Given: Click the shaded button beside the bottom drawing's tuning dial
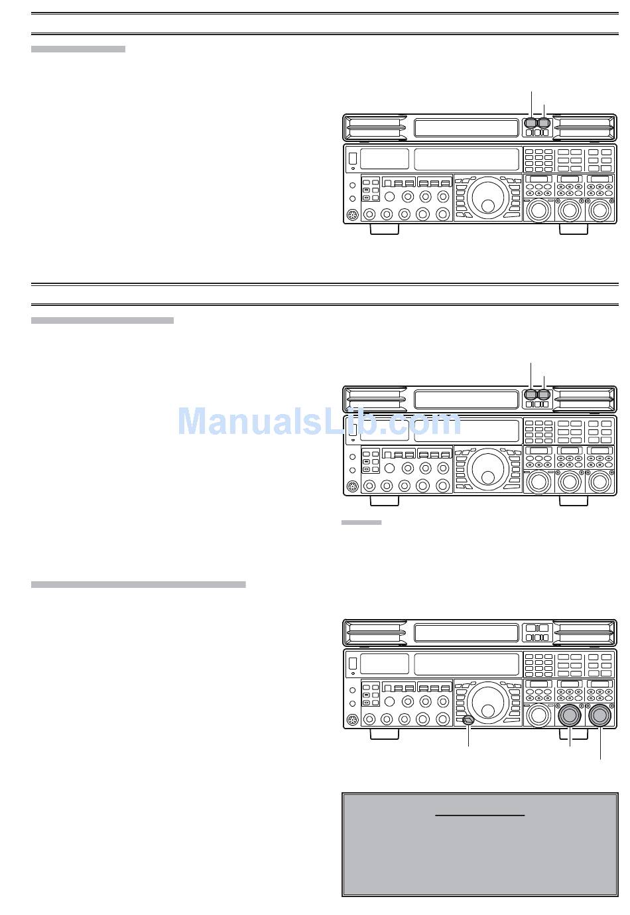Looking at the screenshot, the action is pyautogui.click(x=469, y=720).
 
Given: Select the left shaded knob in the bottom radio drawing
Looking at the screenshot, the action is pyautogui.click(x=569, y=716).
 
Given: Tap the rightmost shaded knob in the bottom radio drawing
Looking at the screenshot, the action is pyautogui.click(x=600, y=716).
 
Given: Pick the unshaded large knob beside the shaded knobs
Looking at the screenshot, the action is pyautogui.click(x=538, y=716).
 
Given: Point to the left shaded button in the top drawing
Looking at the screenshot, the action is pyautogui.click(x=531, y=123).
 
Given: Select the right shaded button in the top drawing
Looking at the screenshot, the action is pyautogui.click(x=544, y=123).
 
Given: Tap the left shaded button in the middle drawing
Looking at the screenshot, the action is pyautogui.click(x=531, y=395).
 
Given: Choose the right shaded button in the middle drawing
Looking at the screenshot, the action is pyautogui.click(x=544, y=395).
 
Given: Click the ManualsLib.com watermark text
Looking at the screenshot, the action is pyautogui.click(x=319, y=422).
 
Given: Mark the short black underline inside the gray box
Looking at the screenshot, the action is pyautogui.click(x=479, y=815).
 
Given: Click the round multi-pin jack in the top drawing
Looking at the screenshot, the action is pyautogui.click(x=353, y=215).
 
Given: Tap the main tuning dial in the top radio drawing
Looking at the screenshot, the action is pyautogui.click(x=487, y=196).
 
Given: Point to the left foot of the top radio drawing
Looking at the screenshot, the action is pyautogui.click(x=384, y=229).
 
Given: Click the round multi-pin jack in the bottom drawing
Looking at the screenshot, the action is pyautogui.click(x=353, y=720).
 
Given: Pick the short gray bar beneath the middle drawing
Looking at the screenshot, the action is pyautogui.click(x=361, y=523).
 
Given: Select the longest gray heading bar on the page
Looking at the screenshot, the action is pyautogui.click(x=138, y=585).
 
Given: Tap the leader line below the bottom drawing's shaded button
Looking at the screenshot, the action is pyautogui.click(x=469, y=737).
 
